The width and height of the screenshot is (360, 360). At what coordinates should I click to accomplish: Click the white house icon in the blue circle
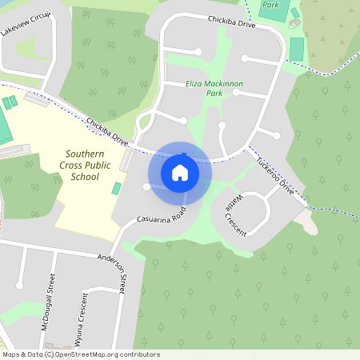click(x=180, y=171)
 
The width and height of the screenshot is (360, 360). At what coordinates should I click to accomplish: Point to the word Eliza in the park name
click(x=196, y=83)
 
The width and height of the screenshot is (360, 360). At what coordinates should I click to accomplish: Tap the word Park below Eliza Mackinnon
click(x=214, y=94)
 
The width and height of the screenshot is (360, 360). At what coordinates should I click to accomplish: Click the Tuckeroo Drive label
click(x=275, y=174)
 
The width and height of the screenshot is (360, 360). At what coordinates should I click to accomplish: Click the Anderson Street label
click(x=112, y=267)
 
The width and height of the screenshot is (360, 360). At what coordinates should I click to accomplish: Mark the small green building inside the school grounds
click(x=117, y=189)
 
